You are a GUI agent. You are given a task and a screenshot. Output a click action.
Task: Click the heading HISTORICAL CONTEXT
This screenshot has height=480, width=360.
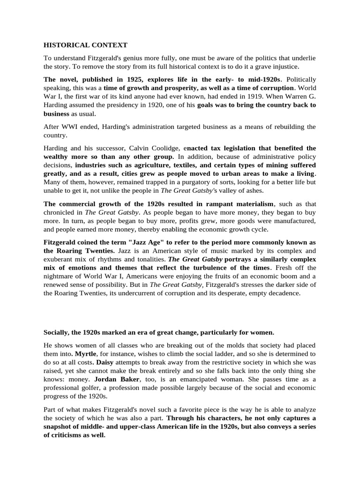pos(85,45)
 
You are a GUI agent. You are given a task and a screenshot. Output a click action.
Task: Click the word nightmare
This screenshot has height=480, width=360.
pos(62,277)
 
